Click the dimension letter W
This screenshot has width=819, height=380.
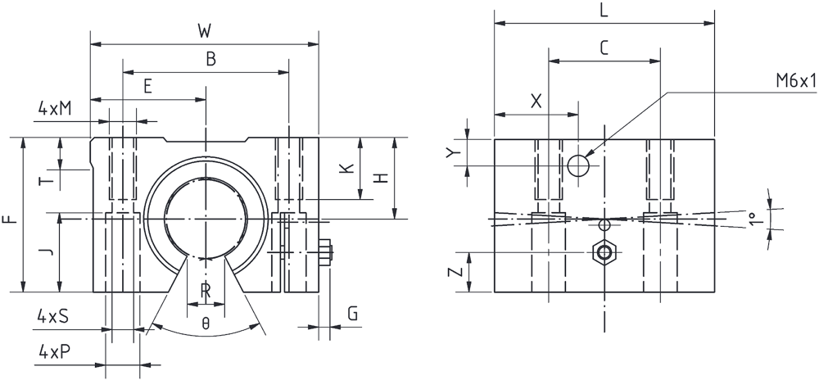pyautogui.click(x=204, y=32)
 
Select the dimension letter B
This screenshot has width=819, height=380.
pyautogui.click(x=210, y=60)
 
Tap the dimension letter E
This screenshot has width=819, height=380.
pyautogui.click(x=147, y=87)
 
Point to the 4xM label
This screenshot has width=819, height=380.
pyautogui.click(x=54, y=109)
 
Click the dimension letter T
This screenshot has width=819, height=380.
pyautogui.click(x=48, y=181)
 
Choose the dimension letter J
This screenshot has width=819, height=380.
pyautogui.click(x=48, y=252)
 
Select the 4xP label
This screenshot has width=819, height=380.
pyautogui.click(x=54, y=352)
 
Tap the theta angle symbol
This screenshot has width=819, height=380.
pyautogui.click(x=206, y=324)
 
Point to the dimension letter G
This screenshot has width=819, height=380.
pyautogui.click(x=352, y=314)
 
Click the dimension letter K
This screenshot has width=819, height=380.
pyautogui.click(x=346, y=168)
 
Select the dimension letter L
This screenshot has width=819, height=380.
pyautogui.click(x=604, y=11)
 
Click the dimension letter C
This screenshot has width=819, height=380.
pyautogui.click(x=604, y=48)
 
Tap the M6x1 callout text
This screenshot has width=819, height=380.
pyautogui.click(x=795, y=81)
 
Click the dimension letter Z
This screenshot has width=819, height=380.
pyautogui.click(x=456, y=272)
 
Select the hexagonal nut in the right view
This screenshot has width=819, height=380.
pyautogui.click(x=605, y=252)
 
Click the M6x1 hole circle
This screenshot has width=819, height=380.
pyautogui.click(x=578, y=166)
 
